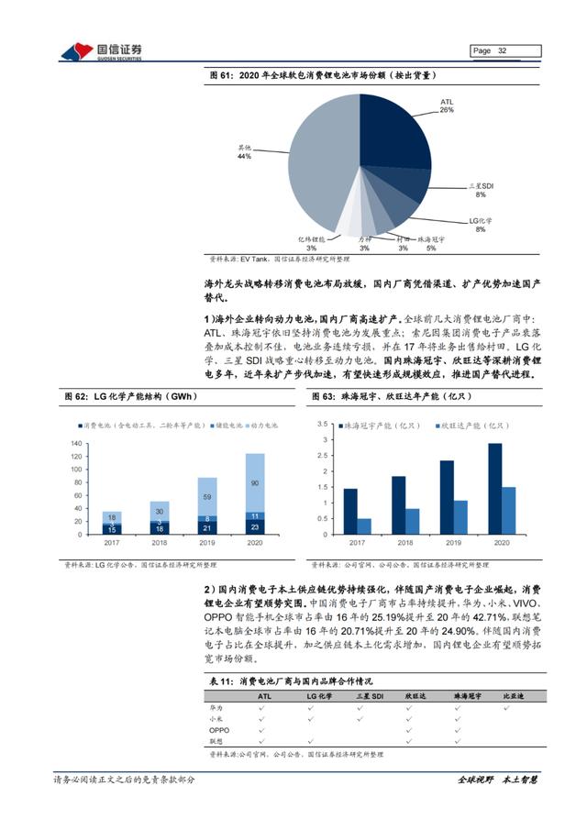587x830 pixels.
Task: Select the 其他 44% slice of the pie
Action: [x=316, y=160]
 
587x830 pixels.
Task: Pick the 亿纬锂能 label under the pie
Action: [x=311, y=241]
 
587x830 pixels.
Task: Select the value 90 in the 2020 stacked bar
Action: [x=254, y=482]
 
